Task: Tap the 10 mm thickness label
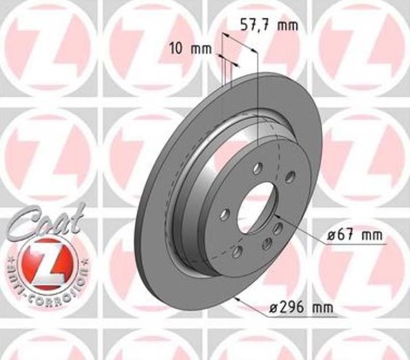coord(190,49)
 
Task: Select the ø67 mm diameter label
coord(355,236)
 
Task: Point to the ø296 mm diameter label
coord(301,308)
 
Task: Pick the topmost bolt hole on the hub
coord(258,168)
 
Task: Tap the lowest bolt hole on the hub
coord(237,251)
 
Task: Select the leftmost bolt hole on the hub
coord(224,215)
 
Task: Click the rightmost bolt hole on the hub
coord(290,177)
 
